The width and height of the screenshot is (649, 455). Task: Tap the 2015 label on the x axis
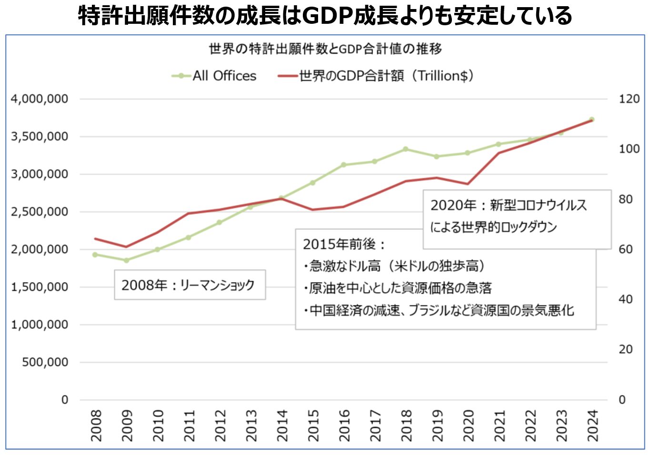(313, 425)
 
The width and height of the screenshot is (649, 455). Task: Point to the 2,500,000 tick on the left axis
(40, 212)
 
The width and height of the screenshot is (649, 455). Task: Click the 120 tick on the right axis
(629, 99)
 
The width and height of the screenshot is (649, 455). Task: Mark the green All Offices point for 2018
(406, 149)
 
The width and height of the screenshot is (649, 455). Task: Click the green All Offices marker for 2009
(126, 260)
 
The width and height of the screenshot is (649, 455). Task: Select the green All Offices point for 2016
(343, 165)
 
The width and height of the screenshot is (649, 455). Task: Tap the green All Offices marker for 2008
(95, 255)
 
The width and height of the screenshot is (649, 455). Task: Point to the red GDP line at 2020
(468, 184)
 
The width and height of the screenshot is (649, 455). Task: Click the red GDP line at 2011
(188, 213)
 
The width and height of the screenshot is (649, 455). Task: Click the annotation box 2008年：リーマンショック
(190, 285)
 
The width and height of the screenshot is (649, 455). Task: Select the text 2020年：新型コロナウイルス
(509, 205)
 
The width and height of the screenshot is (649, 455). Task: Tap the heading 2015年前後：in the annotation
(344, 244)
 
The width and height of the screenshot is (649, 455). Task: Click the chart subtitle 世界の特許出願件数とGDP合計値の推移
(325, 49)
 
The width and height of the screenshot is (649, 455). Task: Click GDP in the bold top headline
(327, 15)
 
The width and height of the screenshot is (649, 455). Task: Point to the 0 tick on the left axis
(65, 400)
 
